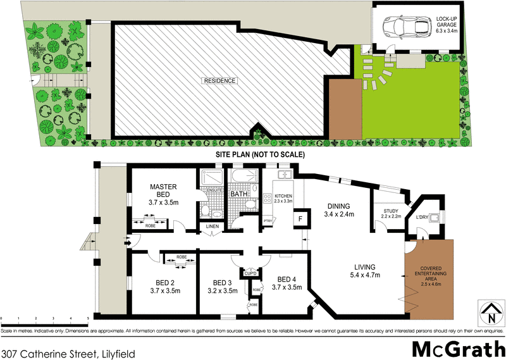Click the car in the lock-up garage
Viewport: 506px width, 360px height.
pos(402,27)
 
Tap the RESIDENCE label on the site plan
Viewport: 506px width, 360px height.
pos(219,81)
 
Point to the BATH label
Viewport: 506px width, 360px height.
pos(238,194)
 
